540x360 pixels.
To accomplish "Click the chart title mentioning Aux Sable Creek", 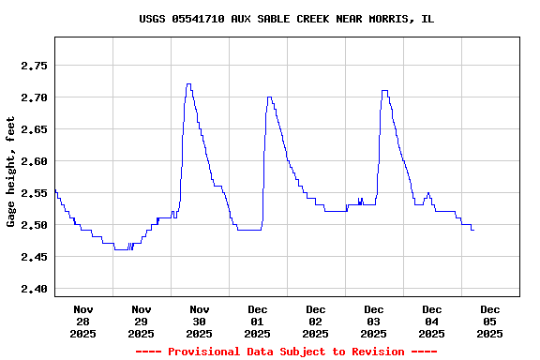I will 286,19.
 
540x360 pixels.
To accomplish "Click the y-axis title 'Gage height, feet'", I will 11,172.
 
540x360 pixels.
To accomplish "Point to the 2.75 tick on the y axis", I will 35,66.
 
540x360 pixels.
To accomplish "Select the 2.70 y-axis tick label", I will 35,97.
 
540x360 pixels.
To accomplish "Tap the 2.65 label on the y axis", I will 35,129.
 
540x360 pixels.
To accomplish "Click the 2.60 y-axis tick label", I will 35,161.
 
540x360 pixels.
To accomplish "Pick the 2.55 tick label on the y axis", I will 35,193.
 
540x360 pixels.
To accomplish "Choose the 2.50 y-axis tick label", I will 35,225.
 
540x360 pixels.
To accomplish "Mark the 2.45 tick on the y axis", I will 35,257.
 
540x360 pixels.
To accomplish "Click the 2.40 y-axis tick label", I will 35,289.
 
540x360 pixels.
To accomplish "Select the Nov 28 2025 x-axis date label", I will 83,321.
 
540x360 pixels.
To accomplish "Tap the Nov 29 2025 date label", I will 142,321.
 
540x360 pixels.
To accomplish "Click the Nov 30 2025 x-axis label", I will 200,321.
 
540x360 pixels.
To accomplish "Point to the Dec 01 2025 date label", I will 258,321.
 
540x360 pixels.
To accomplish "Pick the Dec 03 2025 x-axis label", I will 374,321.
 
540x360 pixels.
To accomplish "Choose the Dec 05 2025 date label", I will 490,321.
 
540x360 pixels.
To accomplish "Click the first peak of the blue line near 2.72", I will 188,84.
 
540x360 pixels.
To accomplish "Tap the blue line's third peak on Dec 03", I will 384,91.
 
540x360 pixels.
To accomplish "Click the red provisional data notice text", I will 286,352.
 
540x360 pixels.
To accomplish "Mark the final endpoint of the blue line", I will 473,230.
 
